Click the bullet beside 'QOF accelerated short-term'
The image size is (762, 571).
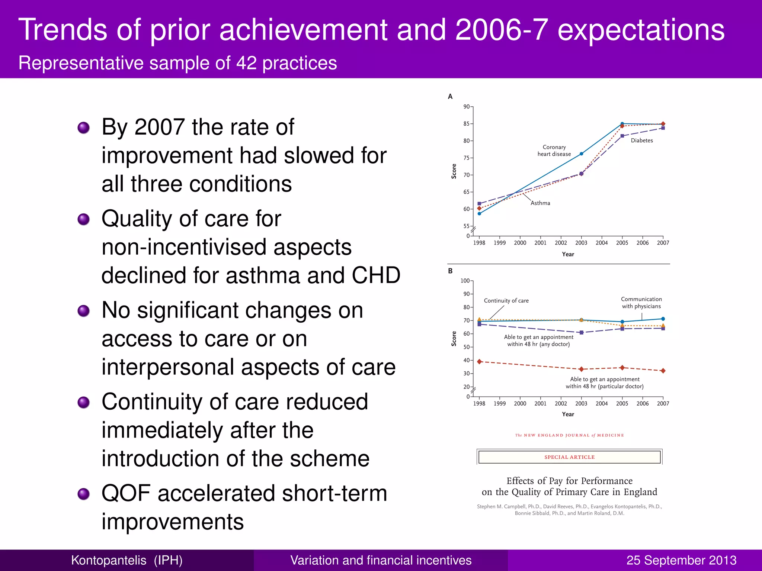[x=83, y=494]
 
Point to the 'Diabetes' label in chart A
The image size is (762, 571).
[x=642, y=141]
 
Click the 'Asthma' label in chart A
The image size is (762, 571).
[x=540, y=203]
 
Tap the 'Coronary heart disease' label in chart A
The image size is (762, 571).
[x=554, y=151]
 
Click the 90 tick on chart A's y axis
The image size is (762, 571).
[x=466, y=107]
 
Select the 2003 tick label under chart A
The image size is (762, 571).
[x=581, y=243]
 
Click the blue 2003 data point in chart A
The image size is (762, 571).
[x=582, y=154]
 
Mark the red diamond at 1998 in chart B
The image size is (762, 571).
[x=480, y=362]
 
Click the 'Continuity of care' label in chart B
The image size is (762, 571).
[x=506, y=301]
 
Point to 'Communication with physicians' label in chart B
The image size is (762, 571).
[x=641, y=303]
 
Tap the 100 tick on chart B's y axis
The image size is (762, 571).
[x=465, y=281]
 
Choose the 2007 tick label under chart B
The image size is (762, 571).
[x=663, y=403]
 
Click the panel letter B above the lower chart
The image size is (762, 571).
[x=450, y=271]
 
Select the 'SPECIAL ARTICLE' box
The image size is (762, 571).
[x=569, y=457]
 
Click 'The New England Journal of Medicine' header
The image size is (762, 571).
[x=569, y=435]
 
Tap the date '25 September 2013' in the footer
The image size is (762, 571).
[x=681, y=560]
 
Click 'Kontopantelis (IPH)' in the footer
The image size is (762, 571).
[x=127, y=560]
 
